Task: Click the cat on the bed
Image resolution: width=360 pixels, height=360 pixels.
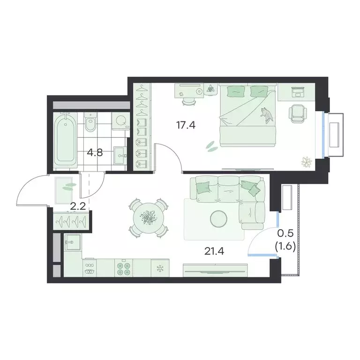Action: point(268,115)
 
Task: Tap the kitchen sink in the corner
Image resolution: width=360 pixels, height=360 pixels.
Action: point(73,243)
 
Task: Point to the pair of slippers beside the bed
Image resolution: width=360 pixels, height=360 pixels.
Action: point(211,146)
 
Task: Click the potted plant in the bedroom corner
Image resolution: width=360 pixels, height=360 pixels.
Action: point(307,162)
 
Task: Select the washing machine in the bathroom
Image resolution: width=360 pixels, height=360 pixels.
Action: point(120,121)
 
